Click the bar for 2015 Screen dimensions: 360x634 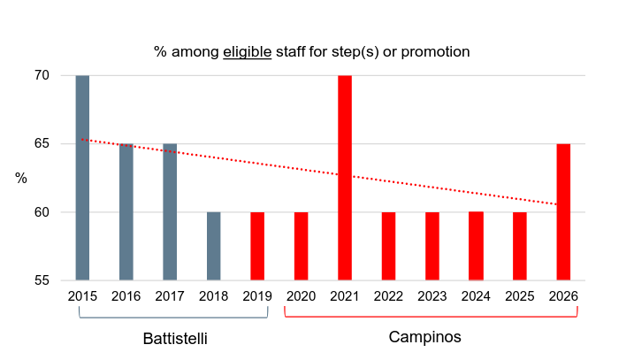82,177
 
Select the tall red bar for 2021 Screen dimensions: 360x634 345,177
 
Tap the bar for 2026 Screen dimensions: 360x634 563,212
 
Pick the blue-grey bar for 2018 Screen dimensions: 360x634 214,246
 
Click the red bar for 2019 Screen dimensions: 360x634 257,246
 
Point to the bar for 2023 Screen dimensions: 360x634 432,246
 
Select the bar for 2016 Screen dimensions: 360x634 126,212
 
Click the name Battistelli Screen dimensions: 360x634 175,339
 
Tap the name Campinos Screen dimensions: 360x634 425,337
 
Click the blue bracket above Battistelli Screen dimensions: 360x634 173,317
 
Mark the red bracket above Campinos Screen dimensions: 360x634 430,316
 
